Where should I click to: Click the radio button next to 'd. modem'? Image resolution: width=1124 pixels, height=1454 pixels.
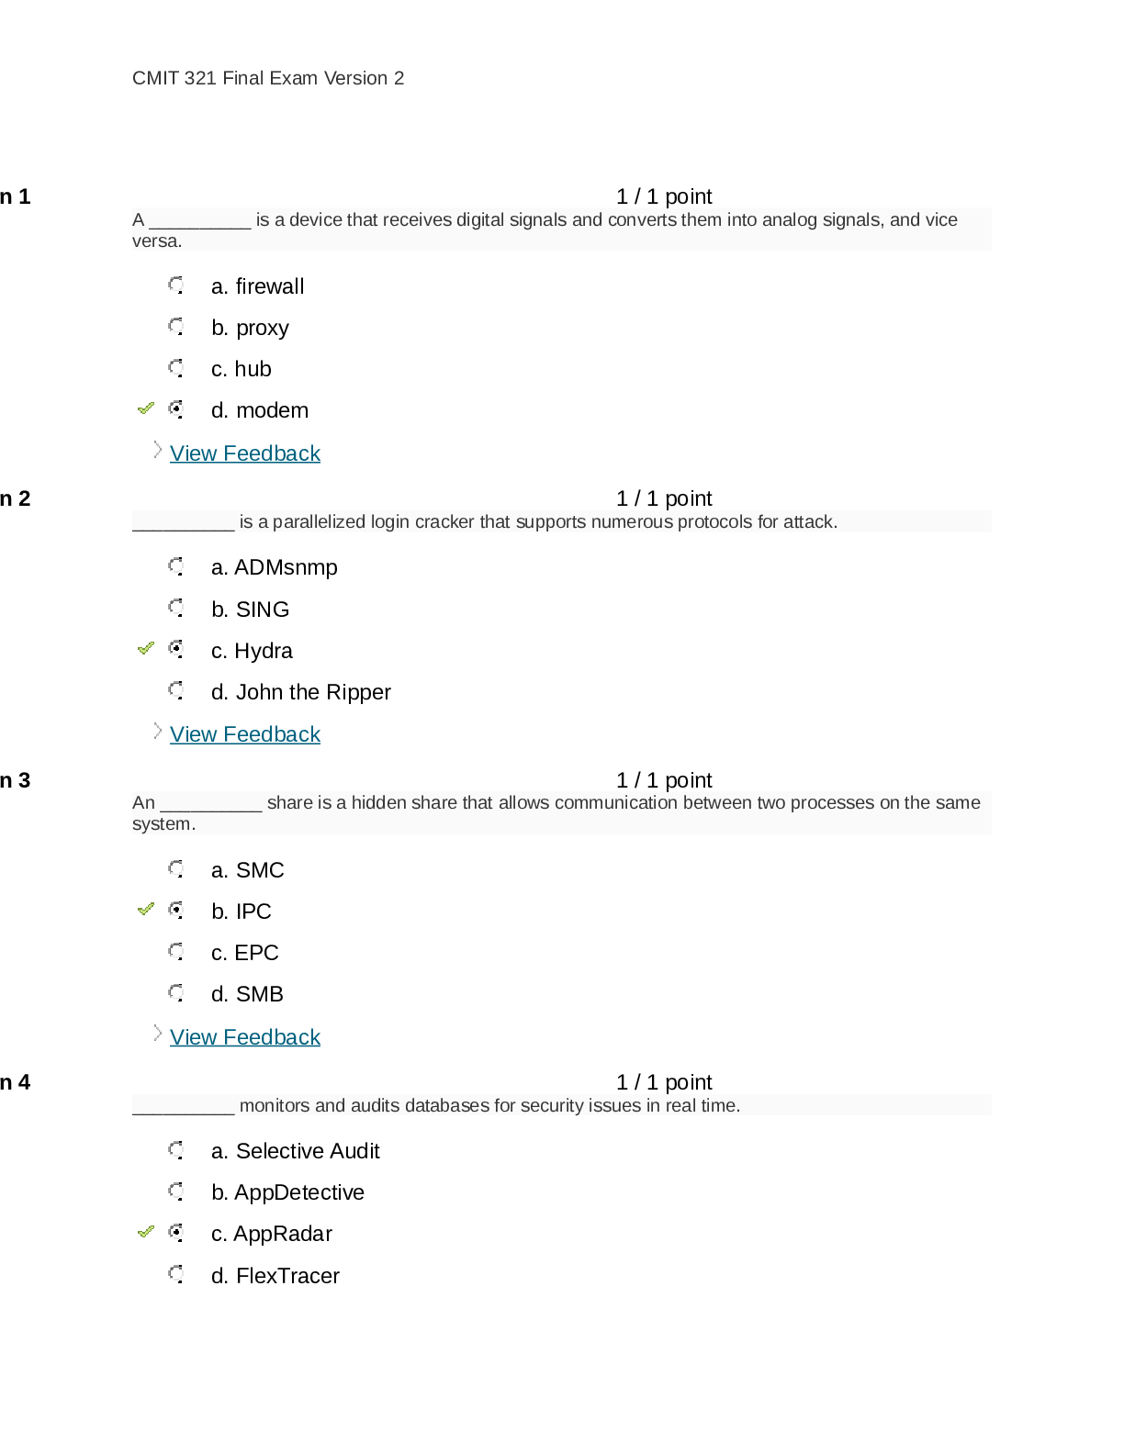(176, 409)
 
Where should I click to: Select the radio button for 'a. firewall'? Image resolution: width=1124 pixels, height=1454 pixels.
(176, 285)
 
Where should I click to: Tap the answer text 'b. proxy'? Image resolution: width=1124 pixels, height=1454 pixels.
(250, 329)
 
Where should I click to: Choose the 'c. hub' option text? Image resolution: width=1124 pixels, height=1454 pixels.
(242, 369)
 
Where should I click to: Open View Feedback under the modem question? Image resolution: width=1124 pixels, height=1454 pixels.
(245, 453)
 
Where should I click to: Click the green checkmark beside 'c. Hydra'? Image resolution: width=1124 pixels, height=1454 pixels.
(145, 649)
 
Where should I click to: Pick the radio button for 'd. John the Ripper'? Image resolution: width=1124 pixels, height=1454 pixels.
(176, 690)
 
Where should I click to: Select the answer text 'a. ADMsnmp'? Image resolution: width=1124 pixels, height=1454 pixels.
(275, 568)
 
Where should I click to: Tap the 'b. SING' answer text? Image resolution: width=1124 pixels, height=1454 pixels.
(250, 610)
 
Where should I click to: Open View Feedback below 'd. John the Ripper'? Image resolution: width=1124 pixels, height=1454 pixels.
(245, 734)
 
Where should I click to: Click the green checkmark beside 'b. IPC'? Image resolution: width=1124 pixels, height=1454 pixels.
(145, 910)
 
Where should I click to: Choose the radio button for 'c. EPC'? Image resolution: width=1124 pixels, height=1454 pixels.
(176, 952)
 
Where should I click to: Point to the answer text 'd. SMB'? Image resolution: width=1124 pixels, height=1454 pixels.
(247, 994)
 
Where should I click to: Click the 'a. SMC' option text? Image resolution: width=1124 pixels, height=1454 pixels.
(247, 870)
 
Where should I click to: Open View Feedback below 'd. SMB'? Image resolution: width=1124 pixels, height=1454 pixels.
(245, 1037)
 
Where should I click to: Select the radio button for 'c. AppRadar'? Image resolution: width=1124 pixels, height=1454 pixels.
(176, 1233)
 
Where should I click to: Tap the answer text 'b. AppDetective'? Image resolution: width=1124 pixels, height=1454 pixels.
(287, 1192)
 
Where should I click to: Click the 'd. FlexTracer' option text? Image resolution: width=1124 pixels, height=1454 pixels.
(275, 1276)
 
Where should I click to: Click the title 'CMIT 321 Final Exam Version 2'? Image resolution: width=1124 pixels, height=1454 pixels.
(268, 78)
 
